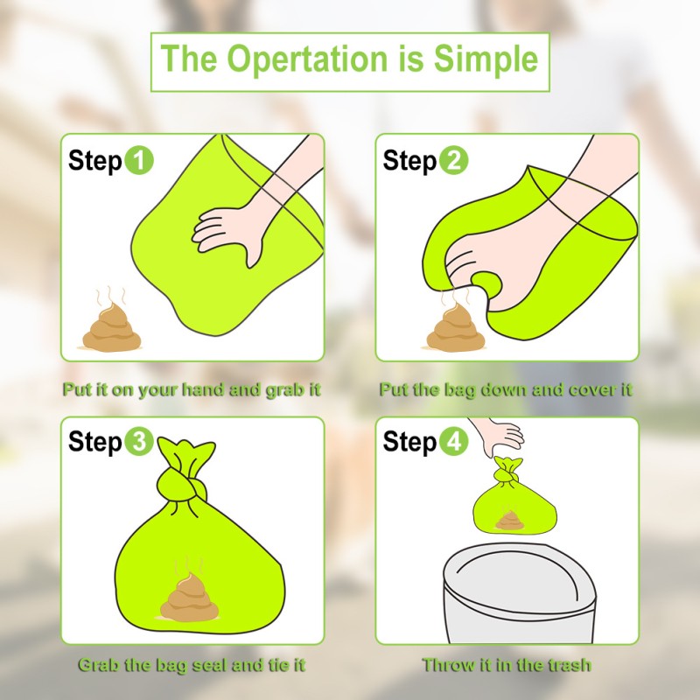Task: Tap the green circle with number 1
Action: (x=139, y=161)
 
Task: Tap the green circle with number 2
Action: (x=454, y=161)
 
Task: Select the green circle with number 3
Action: (x=139, y=443)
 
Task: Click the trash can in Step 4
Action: (x=520, y=604)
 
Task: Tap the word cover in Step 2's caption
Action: (x=584, y=389)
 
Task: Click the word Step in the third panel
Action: (x=94, y=443)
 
